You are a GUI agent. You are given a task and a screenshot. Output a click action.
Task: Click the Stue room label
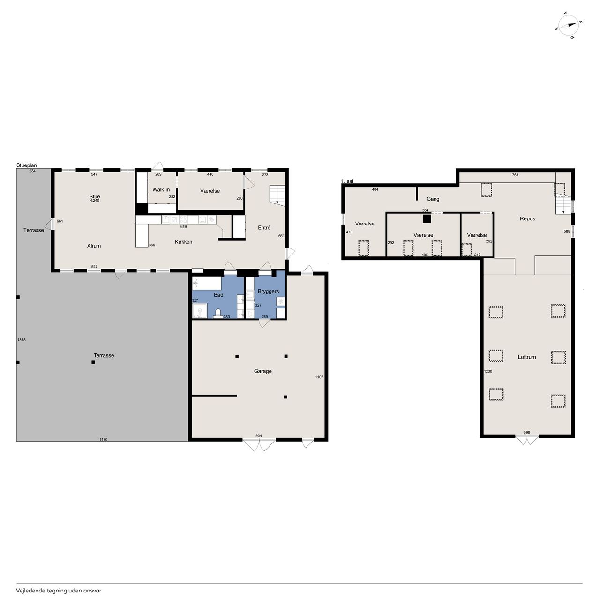point(95,196)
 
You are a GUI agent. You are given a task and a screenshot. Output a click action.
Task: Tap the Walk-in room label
point(161,190)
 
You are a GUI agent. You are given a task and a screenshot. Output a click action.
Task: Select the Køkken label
point(183,242)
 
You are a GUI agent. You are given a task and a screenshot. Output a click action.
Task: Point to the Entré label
point(264,228)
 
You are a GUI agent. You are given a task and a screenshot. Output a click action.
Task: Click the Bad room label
point(218,295)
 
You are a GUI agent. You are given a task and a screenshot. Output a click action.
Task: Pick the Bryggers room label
point(268,292)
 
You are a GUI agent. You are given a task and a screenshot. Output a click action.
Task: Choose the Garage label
point(263,371)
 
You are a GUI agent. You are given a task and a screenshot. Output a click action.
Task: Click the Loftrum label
point(527,357)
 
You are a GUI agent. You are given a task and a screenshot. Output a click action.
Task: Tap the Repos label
point(527,218)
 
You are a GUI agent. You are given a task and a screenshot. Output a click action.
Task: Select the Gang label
point(433,199)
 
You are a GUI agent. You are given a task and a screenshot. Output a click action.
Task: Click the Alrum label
point(94,246)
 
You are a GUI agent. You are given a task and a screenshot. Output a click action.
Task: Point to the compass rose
point(569,30)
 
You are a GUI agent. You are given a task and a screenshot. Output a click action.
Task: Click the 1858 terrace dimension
point(22,340)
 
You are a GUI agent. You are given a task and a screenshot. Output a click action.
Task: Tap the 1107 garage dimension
point(319,377)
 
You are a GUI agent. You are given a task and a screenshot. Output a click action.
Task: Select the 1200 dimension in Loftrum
point(488,371)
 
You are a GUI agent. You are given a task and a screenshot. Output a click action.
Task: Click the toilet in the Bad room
point(218,313)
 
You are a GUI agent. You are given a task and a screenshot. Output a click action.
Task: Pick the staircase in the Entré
point(277,195)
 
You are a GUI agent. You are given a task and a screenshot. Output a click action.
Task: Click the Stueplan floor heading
point(26,165)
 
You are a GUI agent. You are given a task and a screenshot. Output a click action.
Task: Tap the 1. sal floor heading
point(347,181)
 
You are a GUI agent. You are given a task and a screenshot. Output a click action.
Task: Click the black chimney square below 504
point(427,219)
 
